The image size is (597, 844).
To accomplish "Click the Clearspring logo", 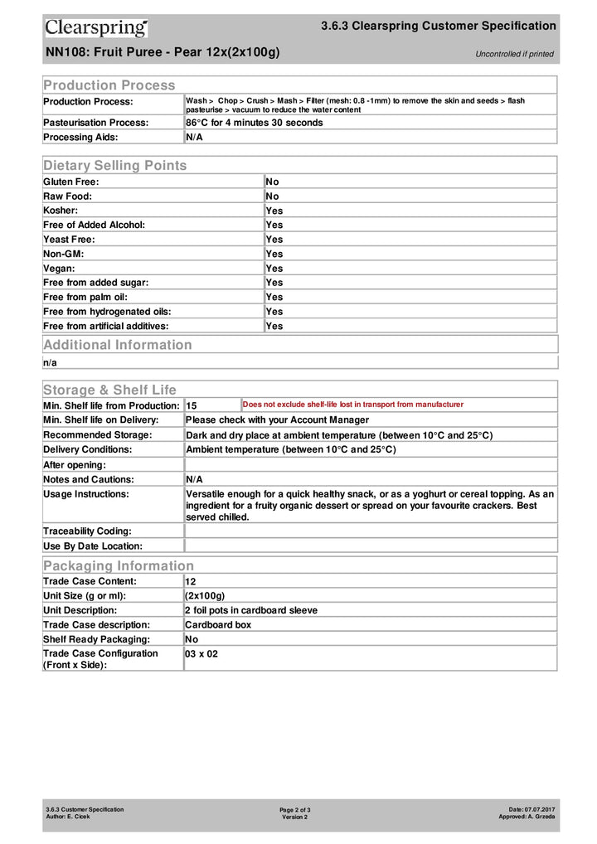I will pos(96,28).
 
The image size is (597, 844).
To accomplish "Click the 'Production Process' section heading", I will pos(109,85).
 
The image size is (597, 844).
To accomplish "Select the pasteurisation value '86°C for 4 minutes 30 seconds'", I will pos(254,123).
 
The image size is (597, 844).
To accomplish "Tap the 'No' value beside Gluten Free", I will pos(272,182).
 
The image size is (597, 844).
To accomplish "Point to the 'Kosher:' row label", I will pos(61,211).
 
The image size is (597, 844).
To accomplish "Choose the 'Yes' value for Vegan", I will pos(274,269).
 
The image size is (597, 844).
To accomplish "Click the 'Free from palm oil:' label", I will pos(86,297).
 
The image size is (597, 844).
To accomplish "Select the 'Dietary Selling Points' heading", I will pos(115,165).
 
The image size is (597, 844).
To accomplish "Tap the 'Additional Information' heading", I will pos(118,345).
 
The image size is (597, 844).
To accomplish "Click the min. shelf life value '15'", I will pos(192,406).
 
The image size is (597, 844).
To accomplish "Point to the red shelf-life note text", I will pos(352,405).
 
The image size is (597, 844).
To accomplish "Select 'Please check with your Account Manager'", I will pos(277,420).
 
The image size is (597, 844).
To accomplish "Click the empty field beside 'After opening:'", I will pos(370,465).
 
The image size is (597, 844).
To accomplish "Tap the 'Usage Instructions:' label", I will pos(86,494).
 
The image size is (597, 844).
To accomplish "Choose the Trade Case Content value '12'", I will pos(191,582).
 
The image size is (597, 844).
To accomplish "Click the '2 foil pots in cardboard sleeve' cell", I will pos(251,610).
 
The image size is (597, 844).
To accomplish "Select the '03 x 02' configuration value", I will pos(201,654).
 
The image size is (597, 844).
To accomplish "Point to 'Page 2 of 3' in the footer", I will pos(295,809).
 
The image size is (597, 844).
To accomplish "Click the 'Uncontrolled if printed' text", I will pos(514,54).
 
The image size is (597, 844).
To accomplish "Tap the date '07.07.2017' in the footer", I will pos(540,808).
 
